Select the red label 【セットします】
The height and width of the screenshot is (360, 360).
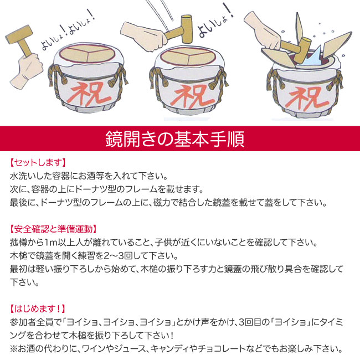(38, 163)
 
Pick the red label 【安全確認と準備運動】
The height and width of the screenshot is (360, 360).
(53, 229)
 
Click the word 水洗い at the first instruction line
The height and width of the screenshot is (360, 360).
(23, 177)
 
